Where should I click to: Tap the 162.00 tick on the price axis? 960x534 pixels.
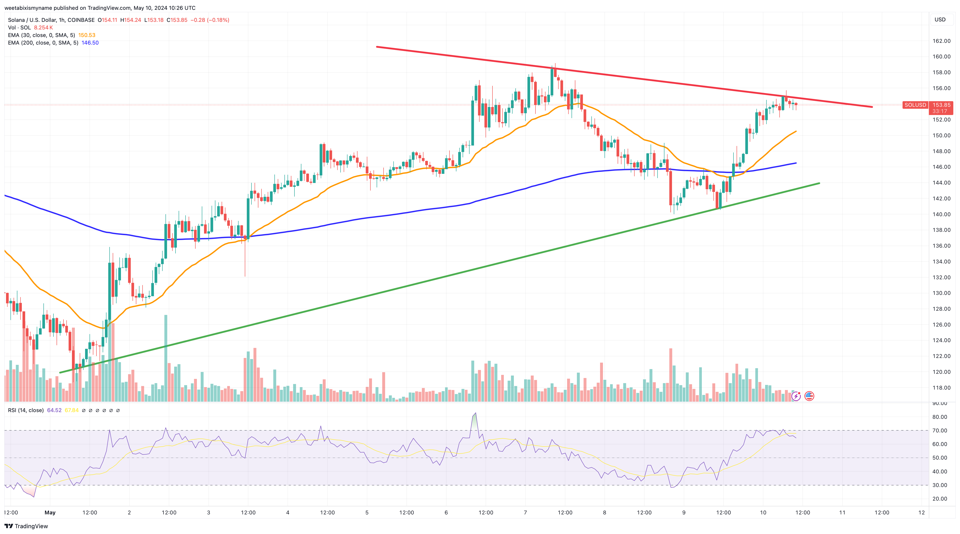941,41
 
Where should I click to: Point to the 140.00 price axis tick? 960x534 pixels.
941,214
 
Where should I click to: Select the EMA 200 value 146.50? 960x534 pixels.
90,43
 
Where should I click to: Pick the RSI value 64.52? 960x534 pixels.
54,411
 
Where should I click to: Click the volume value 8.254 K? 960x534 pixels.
43,28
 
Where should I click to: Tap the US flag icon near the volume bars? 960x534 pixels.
809,396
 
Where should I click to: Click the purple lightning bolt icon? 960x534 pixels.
796,396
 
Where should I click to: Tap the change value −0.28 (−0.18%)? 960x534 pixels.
210,20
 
